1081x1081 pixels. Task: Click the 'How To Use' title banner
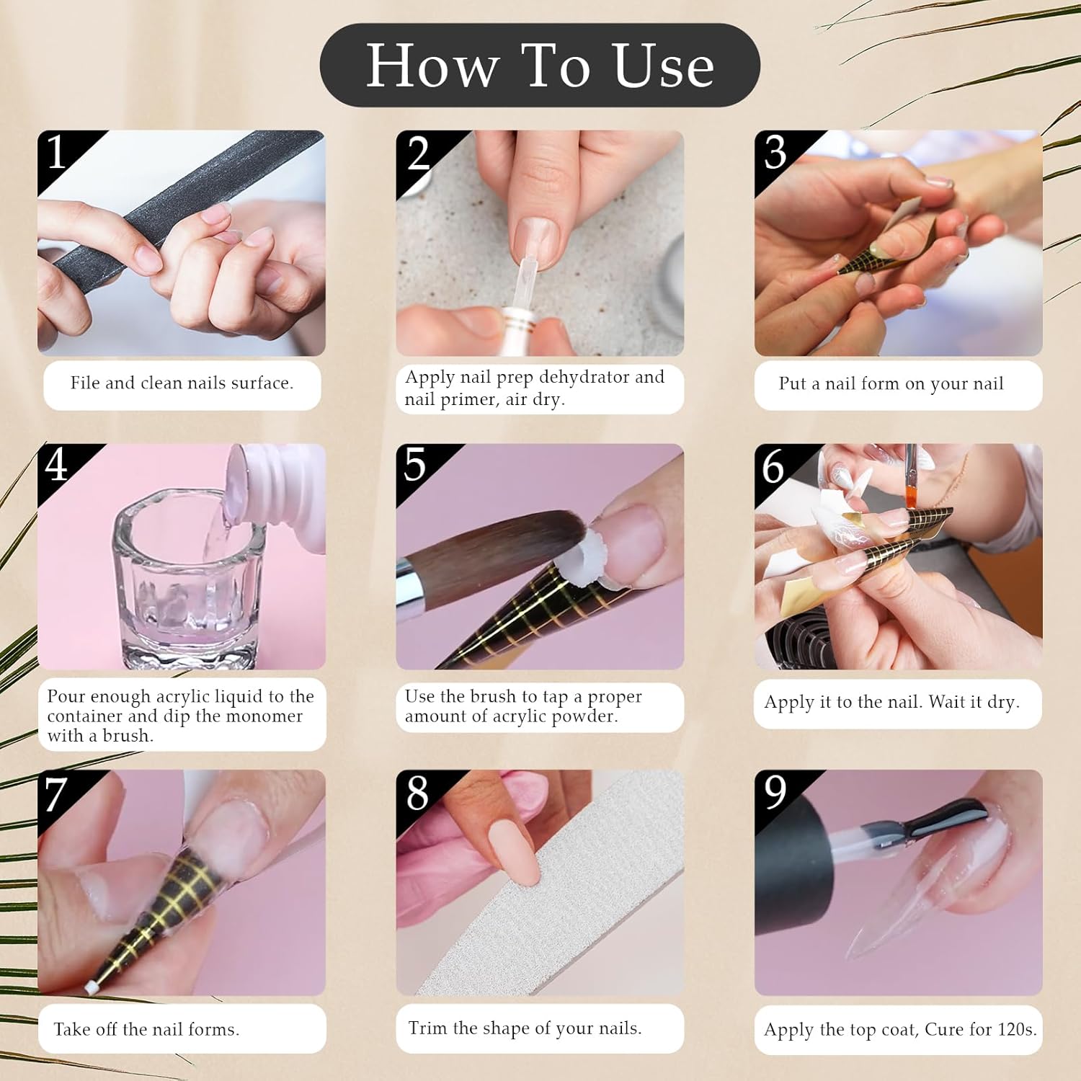tap(540, 66)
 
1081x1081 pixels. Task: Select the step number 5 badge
tap(415, 465)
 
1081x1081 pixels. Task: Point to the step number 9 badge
tap(775, 792)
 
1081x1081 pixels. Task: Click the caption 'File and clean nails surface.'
tap(182, 383)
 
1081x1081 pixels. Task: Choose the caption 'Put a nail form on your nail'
tap(891, 384)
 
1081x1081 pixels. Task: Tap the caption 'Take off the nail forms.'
tap(146, 1029)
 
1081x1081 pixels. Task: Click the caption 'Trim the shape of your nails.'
tap(525, 1028)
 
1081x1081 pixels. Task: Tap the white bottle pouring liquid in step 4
tap(277, 483)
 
